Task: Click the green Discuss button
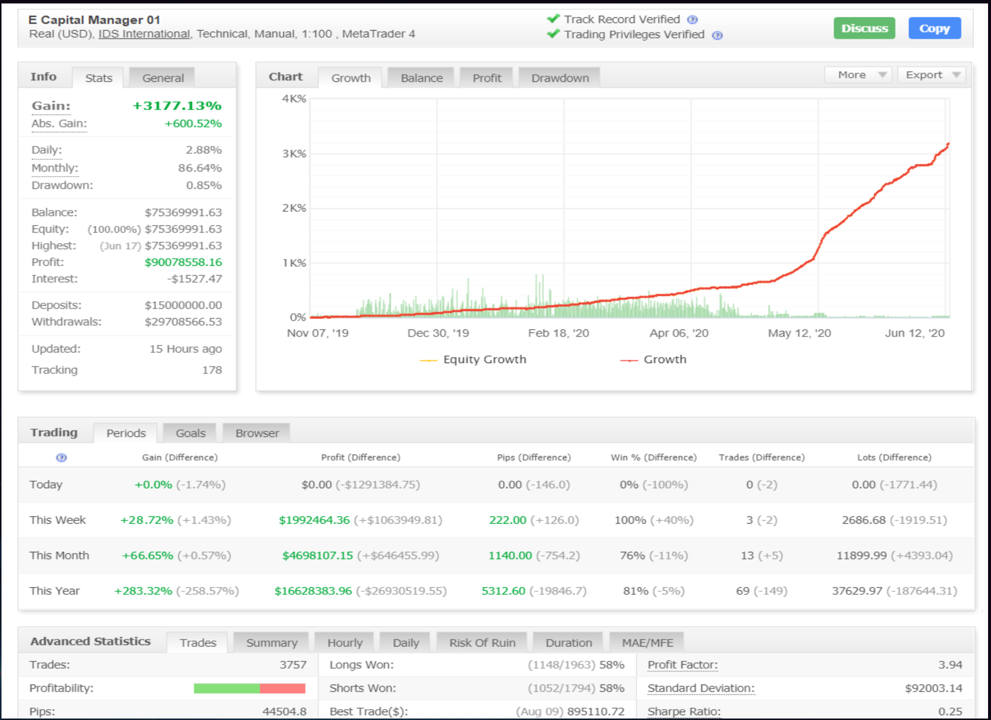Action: click(864, 28)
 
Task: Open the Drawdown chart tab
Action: click(560, 78)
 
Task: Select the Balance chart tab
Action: click(421, 78)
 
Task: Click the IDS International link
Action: click(144, 34)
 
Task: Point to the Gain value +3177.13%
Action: click(177, 106)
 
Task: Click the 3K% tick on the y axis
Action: click(294, 153)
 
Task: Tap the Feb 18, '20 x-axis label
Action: click(558, 333)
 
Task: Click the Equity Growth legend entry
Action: click(484, 360)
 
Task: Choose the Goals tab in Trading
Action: click(191, 433)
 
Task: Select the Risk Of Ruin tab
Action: click(482, 643)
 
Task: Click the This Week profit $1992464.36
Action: click(314, 520)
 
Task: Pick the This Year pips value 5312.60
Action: click(503, 591)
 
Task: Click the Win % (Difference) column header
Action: click(653, 457)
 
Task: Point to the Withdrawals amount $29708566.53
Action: click(183, 322)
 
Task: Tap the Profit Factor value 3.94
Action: click(950, 665)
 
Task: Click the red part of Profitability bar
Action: click(282, 688)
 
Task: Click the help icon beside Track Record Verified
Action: click(692, 20)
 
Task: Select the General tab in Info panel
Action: click(163, 78)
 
